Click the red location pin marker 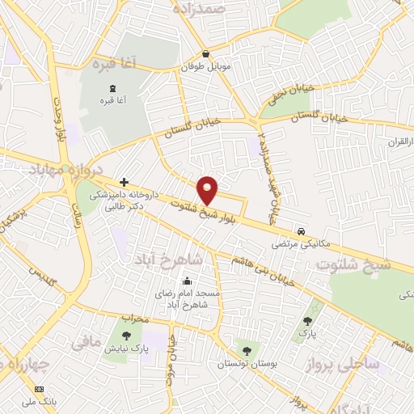click(x=209, y=190)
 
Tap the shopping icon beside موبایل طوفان click(x=206, y=54)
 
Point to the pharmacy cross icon click(x=123, y=183)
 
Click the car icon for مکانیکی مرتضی click(x=301, y=230)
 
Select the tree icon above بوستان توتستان click(x=247, y=351)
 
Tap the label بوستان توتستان click(x=247, y=364)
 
